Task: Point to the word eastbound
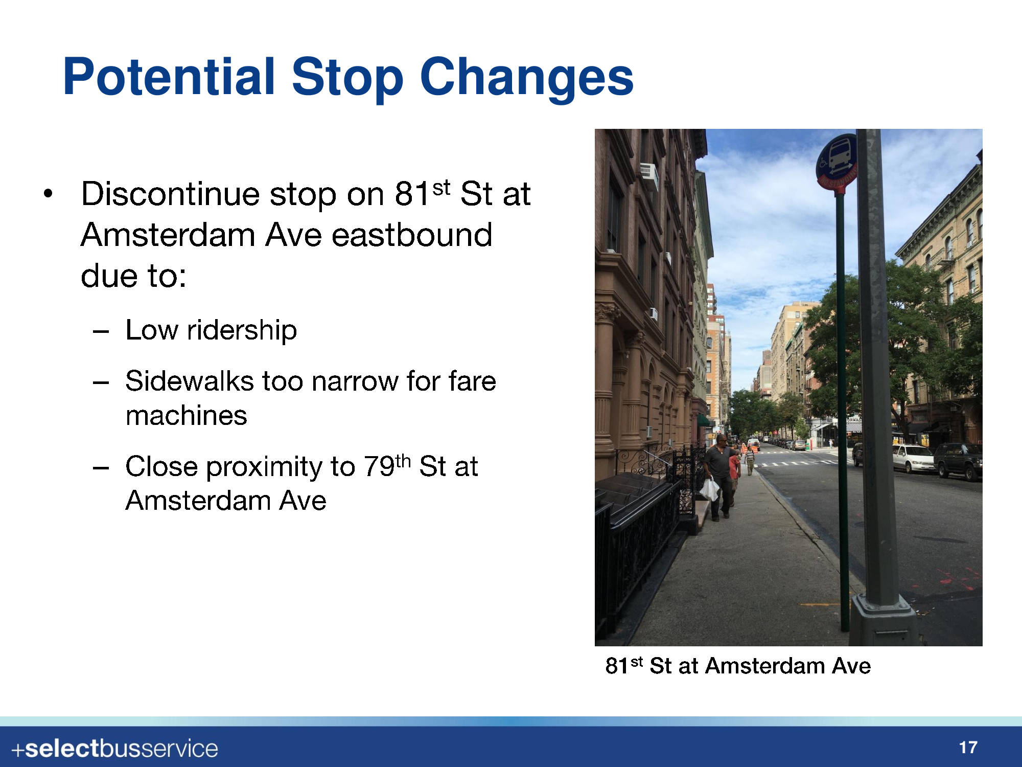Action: click(412, 235)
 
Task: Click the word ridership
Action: click(242, 330)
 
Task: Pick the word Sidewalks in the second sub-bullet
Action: click(190, 381)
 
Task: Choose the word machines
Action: click(187, 415)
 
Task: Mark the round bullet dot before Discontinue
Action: click(48, 194)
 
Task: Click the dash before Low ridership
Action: click(101, 331)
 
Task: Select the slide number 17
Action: click(968, 748)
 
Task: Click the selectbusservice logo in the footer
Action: click(115, 749)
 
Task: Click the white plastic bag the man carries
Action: click(709, 489)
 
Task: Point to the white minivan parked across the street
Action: click(914, 458)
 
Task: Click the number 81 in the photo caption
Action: click(617, 666)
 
